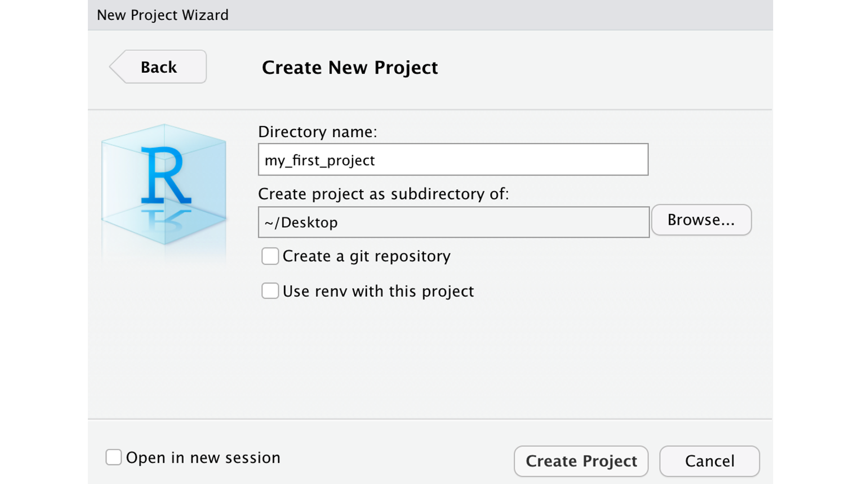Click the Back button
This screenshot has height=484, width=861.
(158, 67)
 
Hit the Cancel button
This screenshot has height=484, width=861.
(709, 461)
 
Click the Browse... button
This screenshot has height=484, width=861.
(701, 220)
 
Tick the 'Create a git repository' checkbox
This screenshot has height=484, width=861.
(270, 256)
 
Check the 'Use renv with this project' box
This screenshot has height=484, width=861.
(270, 290)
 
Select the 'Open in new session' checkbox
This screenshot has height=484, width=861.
(114, 457)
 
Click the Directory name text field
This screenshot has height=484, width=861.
(453, 160)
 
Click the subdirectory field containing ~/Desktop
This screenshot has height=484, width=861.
(454, 222)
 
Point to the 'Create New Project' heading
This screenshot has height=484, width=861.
(350, 67)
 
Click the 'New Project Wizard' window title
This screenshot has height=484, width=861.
(163, 15)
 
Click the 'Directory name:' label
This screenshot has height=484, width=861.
(317, 131)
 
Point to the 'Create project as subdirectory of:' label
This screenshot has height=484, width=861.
(383, 194)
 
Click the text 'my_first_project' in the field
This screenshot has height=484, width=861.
(320, 161)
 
